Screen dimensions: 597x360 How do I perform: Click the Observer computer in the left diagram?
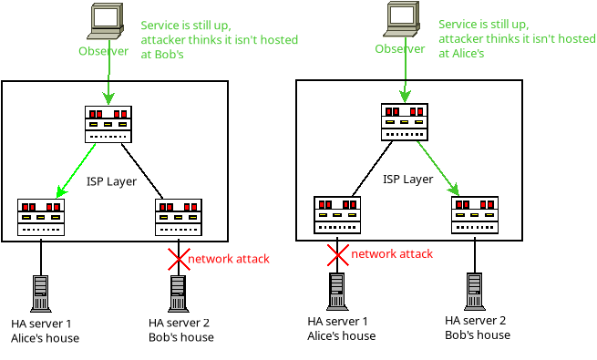click(106, 21)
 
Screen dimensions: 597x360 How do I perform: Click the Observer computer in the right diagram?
click(402, 19)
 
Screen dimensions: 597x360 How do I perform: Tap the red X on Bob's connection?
click(179, 260)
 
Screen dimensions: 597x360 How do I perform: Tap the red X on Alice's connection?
click(338, 255)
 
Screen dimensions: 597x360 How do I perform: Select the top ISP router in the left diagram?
click(108, 125)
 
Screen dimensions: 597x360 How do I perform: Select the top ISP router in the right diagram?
click(405, 122)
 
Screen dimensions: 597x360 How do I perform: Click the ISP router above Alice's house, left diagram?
click(41, 217)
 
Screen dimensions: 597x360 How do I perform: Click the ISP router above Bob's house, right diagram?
click(475, 215)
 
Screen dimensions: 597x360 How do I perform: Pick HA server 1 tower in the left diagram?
click(41, 293)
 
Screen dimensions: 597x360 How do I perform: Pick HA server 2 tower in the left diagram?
click(179, 293)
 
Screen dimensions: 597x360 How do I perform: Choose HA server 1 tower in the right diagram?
click(337, 292)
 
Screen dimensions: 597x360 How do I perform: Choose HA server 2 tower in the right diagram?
click(474, 292)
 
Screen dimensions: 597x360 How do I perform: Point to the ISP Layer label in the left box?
click(111, 181)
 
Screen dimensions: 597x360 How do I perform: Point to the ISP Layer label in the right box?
click(407, 180)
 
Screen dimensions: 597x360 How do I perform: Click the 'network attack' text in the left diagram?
click(229, 259)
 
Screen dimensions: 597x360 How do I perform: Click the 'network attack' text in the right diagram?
click(392, 254)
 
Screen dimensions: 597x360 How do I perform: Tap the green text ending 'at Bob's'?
click(219, 40)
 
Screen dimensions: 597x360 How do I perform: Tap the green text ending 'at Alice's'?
click(517, 39)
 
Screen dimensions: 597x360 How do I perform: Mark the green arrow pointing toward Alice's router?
click(76, 170)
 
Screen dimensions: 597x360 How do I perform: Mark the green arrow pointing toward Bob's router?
click(437, 169)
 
